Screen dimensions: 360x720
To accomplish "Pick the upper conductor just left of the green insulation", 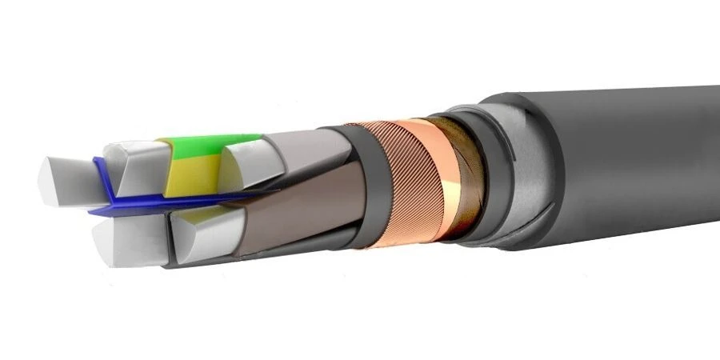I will coord(132,164).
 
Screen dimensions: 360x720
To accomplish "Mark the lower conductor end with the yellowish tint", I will coord(196,232).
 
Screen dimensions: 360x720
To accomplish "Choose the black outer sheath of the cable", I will coord(640,160).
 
